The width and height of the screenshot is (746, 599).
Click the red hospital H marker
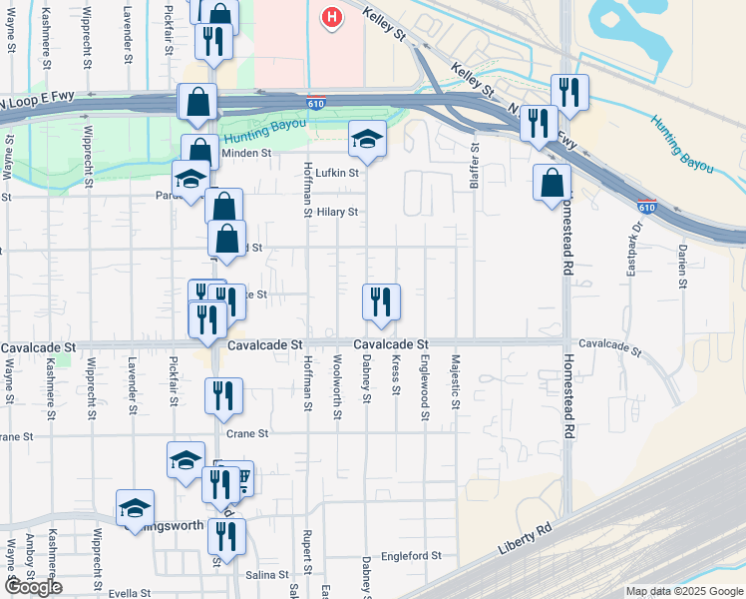(332, 16)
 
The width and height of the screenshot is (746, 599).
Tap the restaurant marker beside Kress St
(381, 300)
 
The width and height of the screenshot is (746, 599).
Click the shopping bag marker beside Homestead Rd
(552, 183)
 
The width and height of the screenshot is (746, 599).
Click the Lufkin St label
(336, 172)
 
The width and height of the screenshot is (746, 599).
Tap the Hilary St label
(337, 213)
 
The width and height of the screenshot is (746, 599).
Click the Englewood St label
(424, 379)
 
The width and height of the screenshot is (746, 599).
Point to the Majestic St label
(455, 381)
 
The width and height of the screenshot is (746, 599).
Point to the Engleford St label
(411, 555)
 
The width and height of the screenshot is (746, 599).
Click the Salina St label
(267, 575)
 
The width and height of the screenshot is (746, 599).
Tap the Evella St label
(129, 593)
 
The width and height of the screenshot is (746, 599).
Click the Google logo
(32, 587)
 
